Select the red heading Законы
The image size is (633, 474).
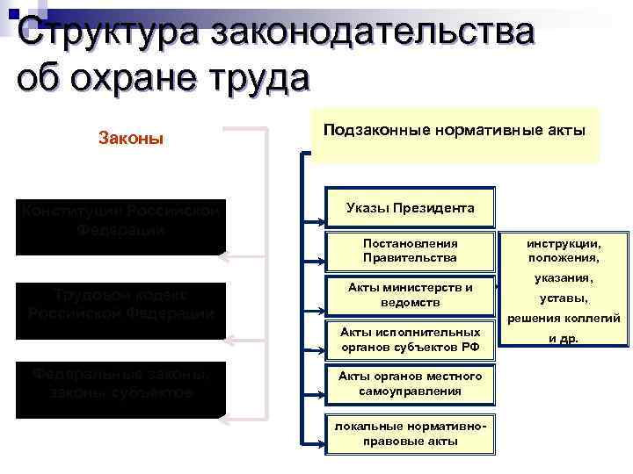(130, 139)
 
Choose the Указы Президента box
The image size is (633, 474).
(411, 208)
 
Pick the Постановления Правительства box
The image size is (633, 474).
(411, 249)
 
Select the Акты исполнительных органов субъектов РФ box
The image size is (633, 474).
(411, 339)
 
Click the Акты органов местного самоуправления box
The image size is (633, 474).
(411, 384)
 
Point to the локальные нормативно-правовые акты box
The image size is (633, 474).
(411, 433)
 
